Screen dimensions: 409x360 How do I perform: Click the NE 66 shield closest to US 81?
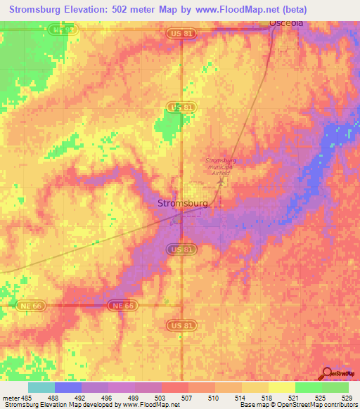121,306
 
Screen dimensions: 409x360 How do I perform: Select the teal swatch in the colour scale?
41,387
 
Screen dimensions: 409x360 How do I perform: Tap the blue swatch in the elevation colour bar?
68,387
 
